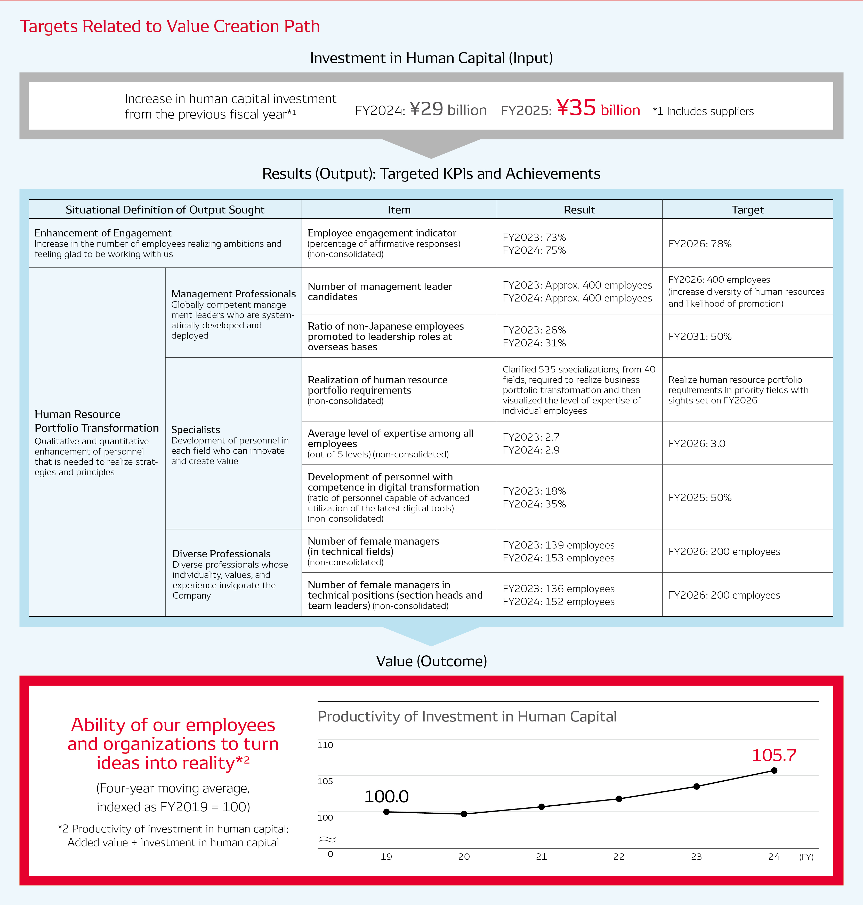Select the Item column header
(x=399, y=210)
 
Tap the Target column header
(x=747, y=210)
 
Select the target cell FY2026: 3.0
(x=697, y=444)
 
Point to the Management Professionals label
(x=233, y=294)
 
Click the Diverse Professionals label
(x=221, y=554)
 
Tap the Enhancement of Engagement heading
(x=103, y=233)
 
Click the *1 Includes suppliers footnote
(x=703, y=112)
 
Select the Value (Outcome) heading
(x=431, y=661)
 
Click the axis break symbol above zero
(x=327, y=840)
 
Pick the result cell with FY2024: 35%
(x=534, y=504)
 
